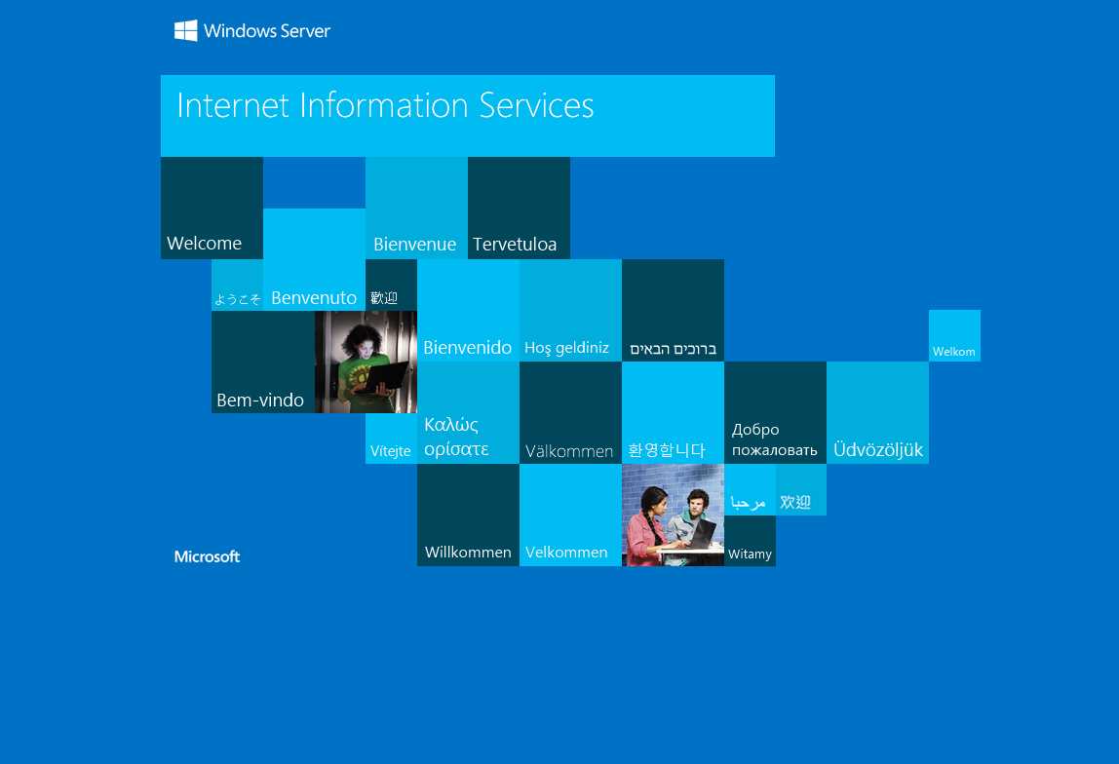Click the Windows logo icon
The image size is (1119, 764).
point(185,30)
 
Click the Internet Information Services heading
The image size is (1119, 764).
point(385,105)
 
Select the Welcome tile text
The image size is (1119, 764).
point(204,244)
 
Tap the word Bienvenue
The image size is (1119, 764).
point(414,244)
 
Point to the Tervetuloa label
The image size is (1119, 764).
point(515,244)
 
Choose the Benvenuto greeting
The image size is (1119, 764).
point(314,297)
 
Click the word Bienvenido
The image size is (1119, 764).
point(468,347)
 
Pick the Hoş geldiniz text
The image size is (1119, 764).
point(566,348)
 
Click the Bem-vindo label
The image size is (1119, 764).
point(260,401)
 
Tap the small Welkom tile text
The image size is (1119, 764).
point(953,352)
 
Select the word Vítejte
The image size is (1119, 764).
point(390,451)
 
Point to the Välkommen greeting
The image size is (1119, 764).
point(569,451)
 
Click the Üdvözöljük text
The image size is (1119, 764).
point(878,449)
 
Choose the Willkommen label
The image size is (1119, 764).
point(468,553)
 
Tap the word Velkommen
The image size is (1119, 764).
point(566,553)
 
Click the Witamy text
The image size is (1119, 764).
point(750,554)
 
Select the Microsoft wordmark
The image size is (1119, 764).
point(207,556)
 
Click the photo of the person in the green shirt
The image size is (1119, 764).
point(366,362)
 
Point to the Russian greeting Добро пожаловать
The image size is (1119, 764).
point(774,439)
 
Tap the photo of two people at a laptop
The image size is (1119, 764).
point(673,516)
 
